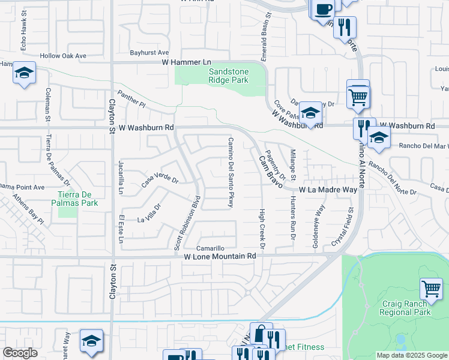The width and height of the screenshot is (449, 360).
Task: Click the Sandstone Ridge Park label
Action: tap(228, 75)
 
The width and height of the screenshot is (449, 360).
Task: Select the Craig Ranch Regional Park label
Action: tap(406, 308)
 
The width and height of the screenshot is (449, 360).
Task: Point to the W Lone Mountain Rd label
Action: tap(220, 256)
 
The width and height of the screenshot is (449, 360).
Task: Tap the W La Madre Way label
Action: tap(328, 189)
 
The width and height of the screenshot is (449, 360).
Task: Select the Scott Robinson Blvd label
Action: tap(186, 222)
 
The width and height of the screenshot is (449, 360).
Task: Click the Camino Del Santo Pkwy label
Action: tap(230, 173)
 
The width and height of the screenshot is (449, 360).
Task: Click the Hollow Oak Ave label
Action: tap(63, 56)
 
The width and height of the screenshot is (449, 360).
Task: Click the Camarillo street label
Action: tap(211, 248)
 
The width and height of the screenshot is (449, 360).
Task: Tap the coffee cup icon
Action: tap(323, 9)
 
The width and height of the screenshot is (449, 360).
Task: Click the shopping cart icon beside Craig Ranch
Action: tap(431, 289)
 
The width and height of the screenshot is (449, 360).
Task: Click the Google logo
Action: tap(20, 353)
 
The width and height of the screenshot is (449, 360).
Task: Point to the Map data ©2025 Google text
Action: tap(412, 355)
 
